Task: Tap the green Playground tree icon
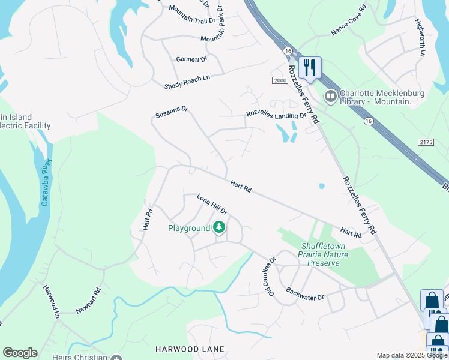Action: point(219,227)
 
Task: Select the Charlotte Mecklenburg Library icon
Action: point(330,96)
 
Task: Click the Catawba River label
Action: point(46,182)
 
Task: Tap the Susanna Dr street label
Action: point(172,112)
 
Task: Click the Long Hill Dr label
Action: point(212,204)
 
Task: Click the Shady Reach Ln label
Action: point(188,83)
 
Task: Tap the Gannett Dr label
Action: point(191,59)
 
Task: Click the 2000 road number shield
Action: point(280,80)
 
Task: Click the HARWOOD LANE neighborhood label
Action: point(190,349)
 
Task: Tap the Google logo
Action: point(20,352)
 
